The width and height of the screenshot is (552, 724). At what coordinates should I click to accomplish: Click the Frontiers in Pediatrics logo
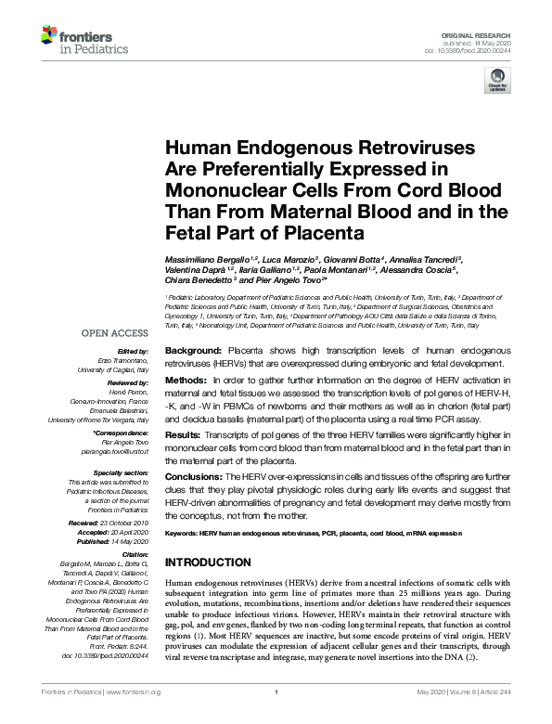pyautogui.click(x=84, y=39)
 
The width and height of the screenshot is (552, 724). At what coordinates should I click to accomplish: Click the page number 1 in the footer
pyautogui.click(x=276, y=692)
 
